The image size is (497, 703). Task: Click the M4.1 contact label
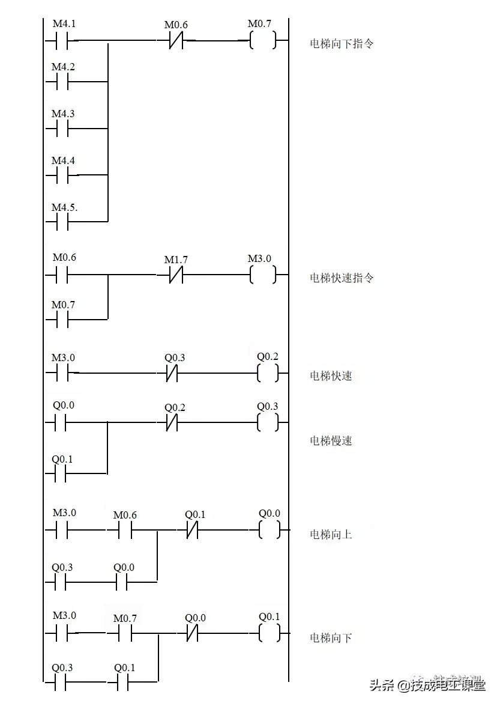click(65, 25)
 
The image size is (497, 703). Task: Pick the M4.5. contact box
click(65, 207)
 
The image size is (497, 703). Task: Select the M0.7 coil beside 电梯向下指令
click(261, 25)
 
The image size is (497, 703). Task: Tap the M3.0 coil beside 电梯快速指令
click(261, 258)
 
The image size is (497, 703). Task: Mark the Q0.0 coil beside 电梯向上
click(268, 513)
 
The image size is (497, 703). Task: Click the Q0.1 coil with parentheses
click(268, 617)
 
